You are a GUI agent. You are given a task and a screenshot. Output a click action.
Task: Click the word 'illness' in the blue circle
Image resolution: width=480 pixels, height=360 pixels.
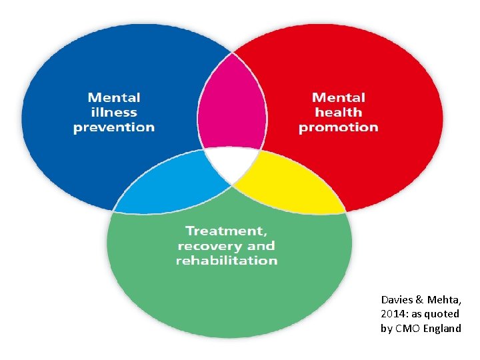[113, 113]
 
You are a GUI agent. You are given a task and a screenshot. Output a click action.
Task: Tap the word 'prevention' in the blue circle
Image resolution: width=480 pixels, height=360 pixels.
[113, 127]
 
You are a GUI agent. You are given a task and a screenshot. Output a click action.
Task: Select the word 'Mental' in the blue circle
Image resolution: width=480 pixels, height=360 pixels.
[113, 98]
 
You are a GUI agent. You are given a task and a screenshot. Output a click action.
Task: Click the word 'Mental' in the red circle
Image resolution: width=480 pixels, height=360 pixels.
[339, 98]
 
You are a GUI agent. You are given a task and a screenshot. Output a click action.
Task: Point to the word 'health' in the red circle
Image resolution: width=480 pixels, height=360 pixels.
[339, 113]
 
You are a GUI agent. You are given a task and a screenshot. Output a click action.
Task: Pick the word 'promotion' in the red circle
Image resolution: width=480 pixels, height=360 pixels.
[339, 127]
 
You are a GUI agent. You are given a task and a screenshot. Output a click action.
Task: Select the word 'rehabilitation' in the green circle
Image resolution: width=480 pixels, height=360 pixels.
[227, 260]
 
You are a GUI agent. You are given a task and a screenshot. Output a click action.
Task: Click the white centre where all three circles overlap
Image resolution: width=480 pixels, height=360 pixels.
[231, 164]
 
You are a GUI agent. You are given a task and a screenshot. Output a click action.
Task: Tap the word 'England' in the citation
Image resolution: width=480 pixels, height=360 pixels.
[439, 328]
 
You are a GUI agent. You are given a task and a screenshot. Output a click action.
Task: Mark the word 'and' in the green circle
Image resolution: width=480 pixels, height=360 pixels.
[263, 245]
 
